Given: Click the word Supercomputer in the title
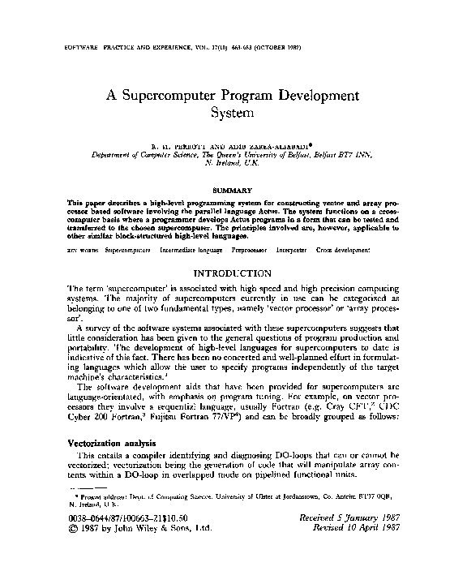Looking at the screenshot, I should point(178,94).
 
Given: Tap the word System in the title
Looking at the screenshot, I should point(233,114).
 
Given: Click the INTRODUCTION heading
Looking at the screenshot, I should point(233,274).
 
